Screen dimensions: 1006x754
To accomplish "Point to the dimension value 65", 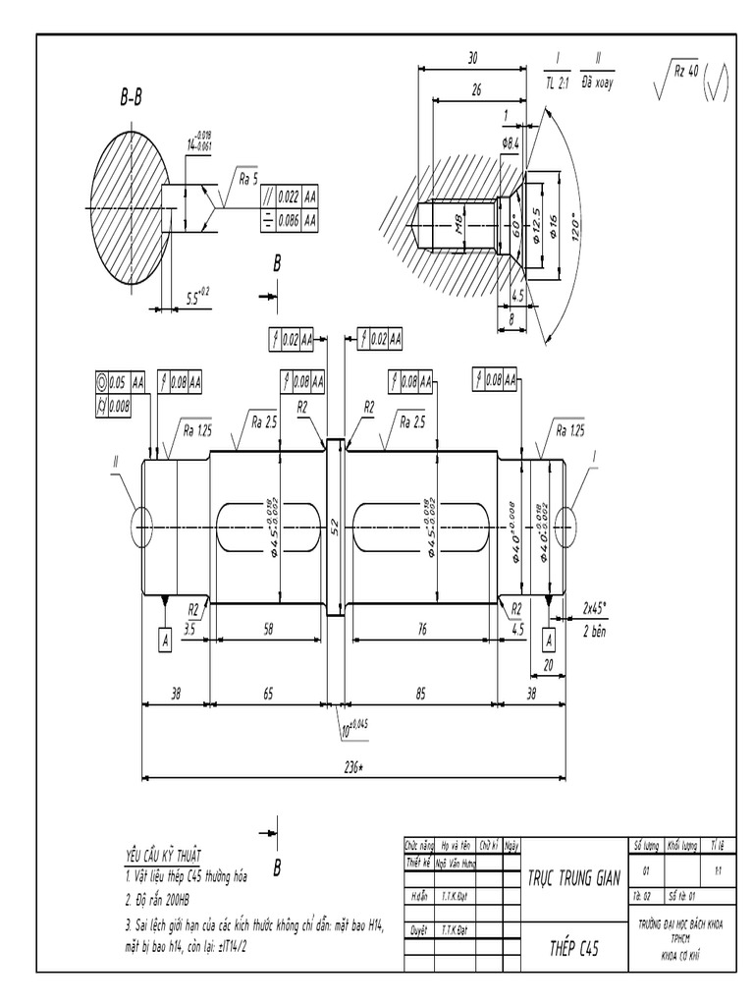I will pyautogui.click(x=269, y=694).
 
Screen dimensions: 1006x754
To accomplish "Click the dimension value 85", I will pyautogui.click(x=421, y=694).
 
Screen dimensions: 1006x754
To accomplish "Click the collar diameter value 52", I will pyautogui.click(x=335, y=527).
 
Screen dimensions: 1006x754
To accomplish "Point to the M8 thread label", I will pyautogui.click(x=458, y=227).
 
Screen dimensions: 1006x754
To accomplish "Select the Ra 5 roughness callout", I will pyautogui.click(x=248, y=178).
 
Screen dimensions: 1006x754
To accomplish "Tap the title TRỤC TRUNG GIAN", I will pyautogui.click(x=573, y=877).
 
